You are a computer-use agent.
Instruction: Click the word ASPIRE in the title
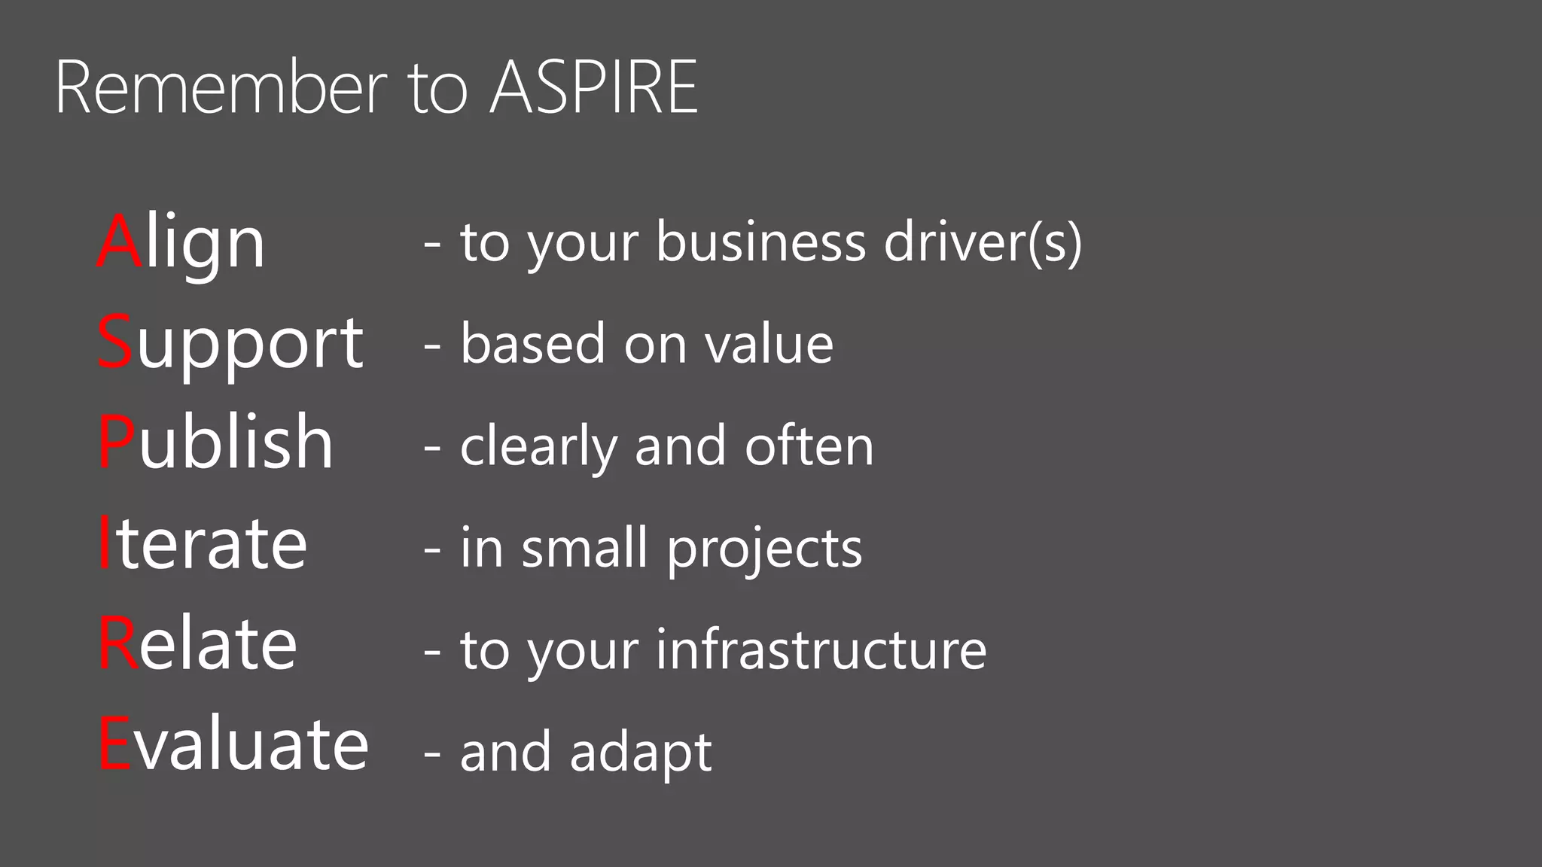point(594,88)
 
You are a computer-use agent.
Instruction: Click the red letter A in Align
point(119,242)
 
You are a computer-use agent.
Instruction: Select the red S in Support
point(115,342)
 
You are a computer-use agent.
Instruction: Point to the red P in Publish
point(117,443)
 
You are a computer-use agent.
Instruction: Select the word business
point(761,242)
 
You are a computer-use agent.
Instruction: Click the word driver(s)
point(983,242)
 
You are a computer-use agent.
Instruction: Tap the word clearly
point(538,446)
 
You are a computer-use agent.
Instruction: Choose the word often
point(809,446)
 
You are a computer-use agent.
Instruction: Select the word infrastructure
point(821,649)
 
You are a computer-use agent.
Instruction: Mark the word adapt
point(641,752)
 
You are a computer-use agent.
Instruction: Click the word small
point(584,547)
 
